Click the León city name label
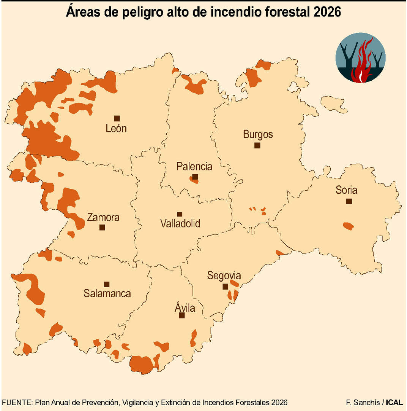coord(116,129)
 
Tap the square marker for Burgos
coord(257,145)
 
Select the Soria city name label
coord(346,190)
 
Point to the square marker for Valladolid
coord(180,214)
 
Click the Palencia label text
coord(194,167)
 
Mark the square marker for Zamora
coord(102,228)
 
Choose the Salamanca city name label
coord(107,293)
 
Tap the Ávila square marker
coord(182,315)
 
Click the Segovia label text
coord(224,276)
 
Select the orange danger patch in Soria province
coord(348,226)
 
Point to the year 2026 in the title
coord(327,13)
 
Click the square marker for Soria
coord(349,201)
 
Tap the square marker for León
coord(117,118)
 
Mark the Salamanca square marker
coord(107,284)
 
